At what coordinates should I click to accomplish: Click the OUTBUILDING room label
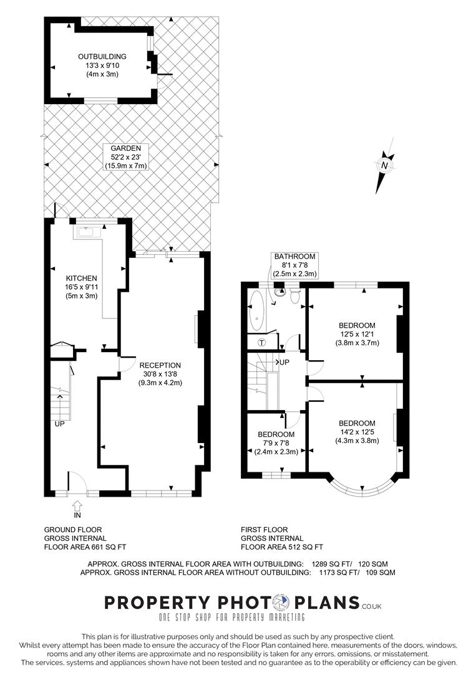102,56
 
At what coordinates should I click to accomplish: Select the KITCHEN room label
81,278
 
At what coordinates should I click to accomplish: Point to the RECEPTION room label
160,365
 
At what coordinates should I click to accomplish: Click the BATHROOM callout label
294,256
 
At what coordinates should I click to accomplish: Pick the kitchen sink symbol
89,232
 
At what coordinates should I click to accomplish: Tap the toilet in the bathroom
295,296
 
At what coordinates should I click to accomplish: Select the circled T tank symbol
262,343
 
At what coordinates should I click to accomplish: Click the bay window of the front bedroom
362,488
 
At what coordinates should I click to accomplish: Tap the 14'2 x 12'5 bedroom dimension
357,432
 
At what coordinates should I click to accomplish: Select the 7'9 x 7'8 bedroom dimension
276,443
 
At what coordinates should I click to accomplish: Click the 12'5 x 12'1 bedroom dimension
357,334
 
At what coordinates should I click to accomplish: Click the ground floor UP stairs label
59,424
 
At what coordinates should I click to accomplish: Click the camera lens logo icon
280,602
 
